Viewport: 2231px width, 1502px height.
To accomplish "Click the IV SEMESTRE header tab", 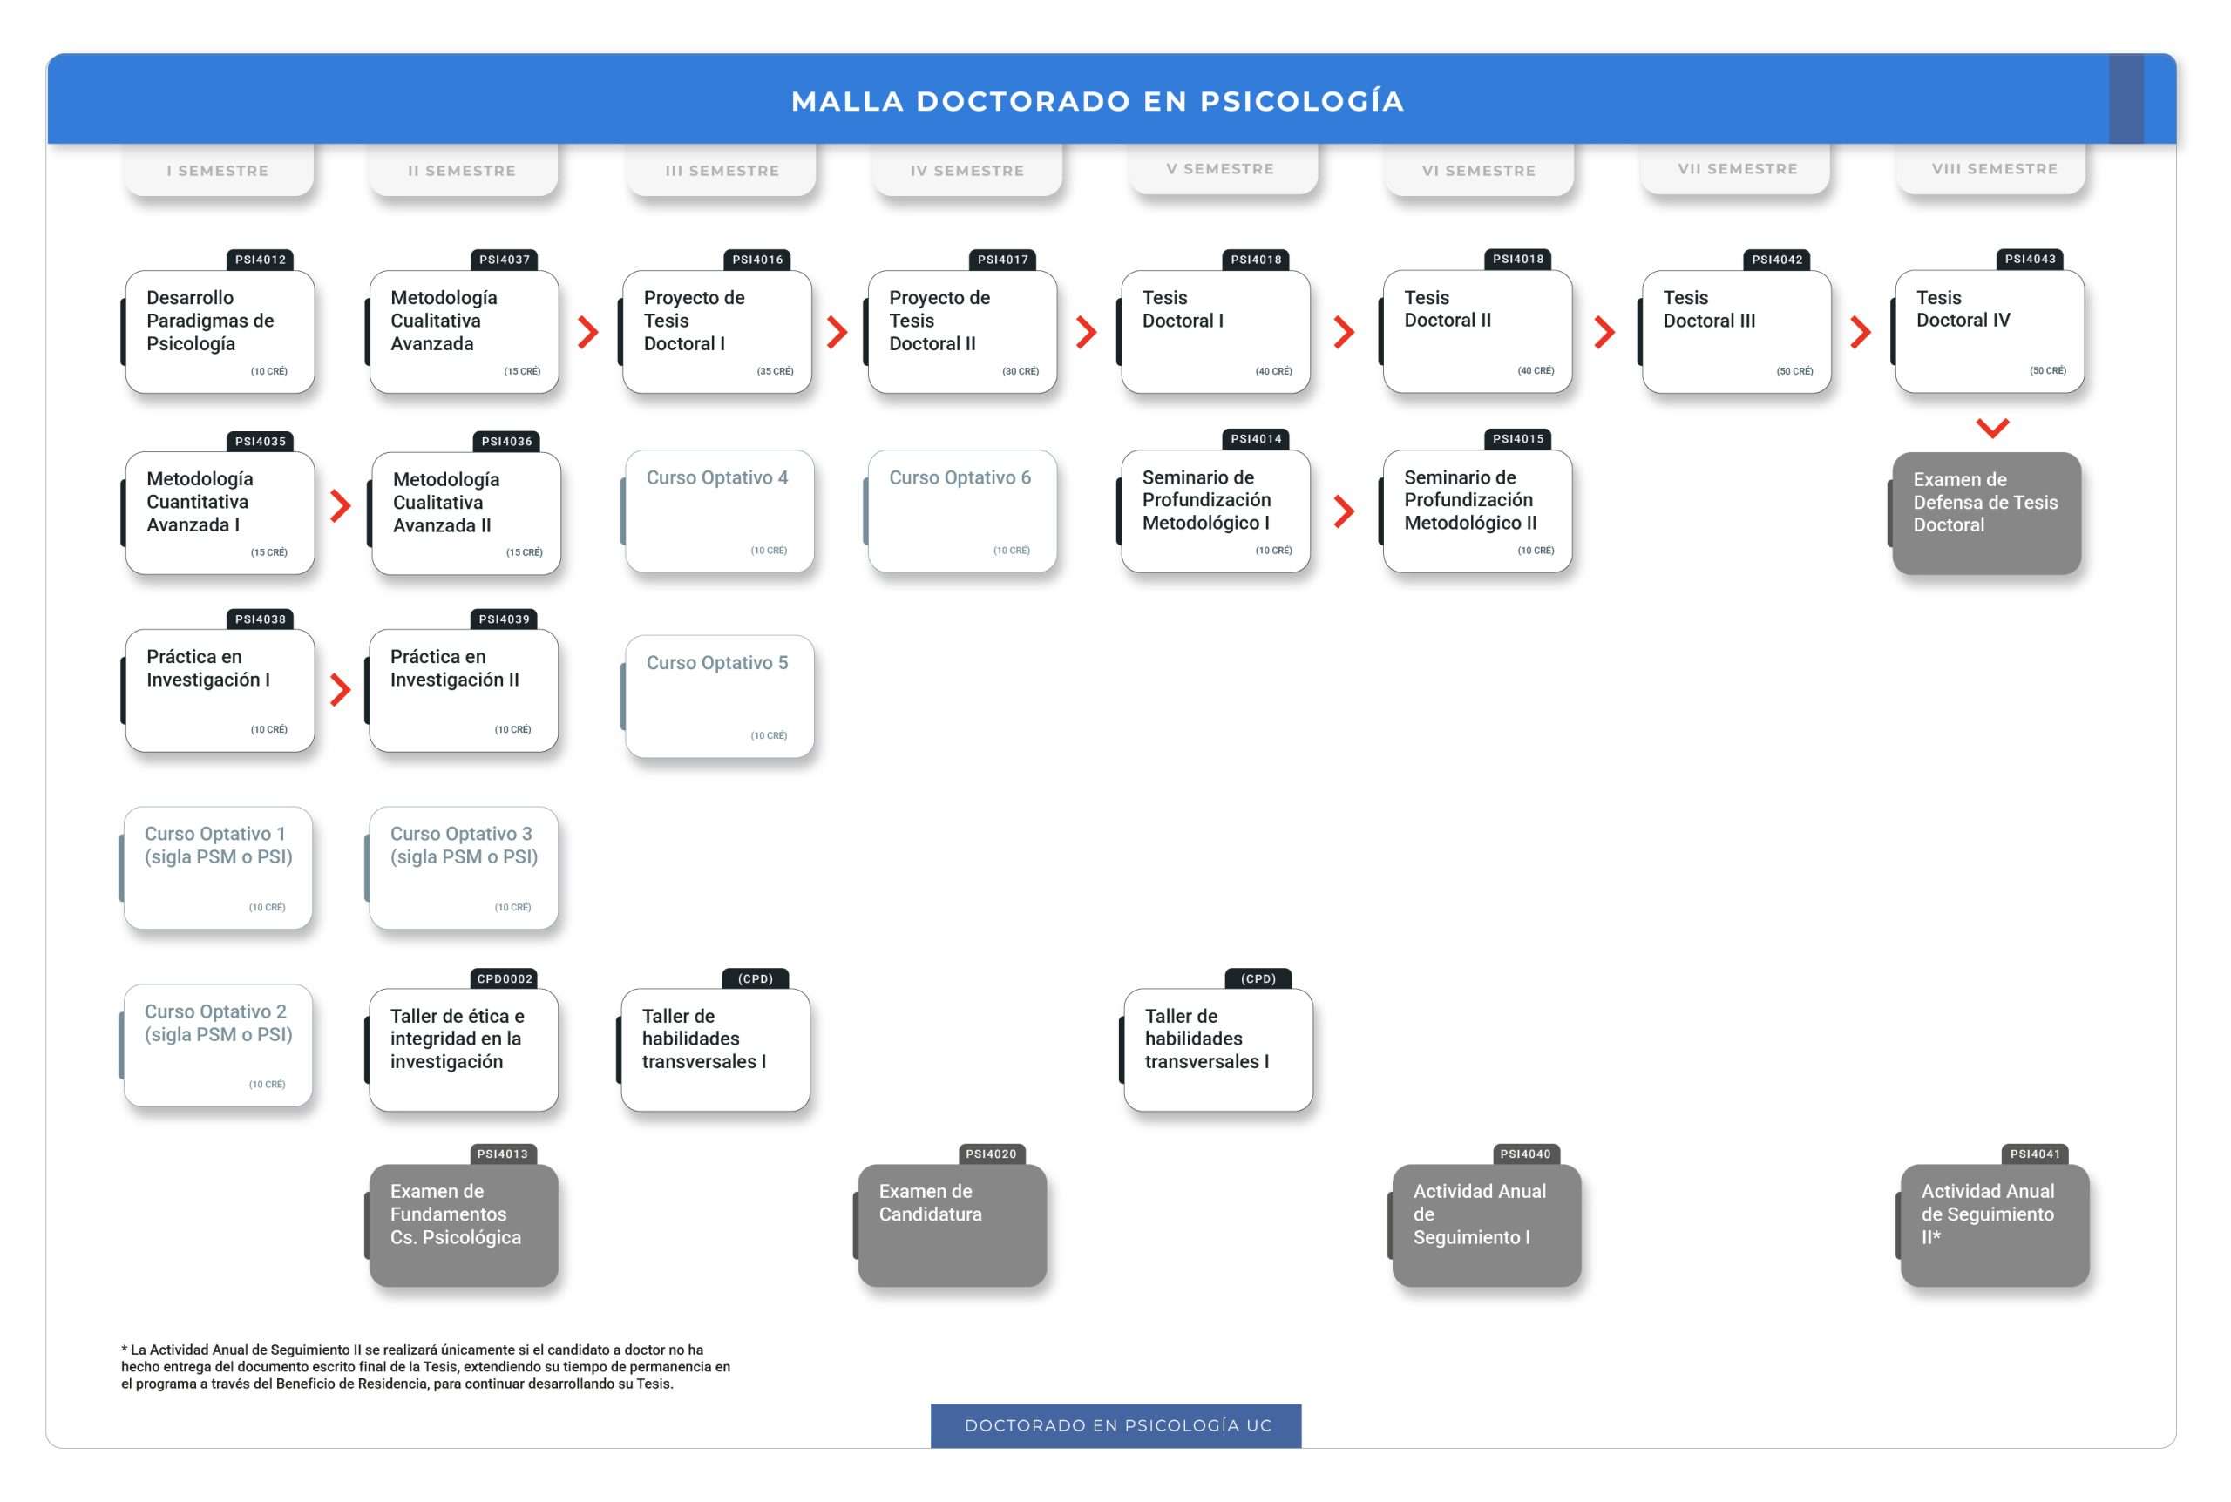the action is pyautogui.click(x=966, y=171).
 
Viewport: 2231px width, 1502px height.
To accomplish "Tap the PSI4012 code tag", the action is pyautogui.click(x=261, y=260).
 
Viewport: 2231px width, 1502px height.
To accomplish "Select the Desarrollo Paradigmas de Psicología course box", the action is pyautogui.click(x=220, y=331).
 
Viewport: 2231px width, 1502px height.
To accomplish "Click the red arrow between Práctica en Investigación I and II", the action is pyautogui.click(x=340, y=689).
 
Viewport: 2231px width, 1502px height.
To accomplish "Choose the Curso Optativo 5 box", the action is pyautogui.click(x=718, y=696).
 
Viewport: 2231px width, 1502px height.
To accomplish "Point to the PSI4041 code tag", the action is pyautogui.click(x=2035, y=1154).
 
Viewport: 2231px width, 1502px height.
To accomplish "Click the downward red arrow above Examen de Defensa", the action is pyautogui.click(x=1991, y=427).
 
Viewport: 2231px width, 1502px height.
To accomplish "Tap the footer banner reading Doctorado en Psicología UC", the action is pyautogui.click(x=1116, y=1425).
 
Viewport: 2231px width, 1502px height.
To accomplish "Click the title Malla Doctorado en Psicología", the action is pyautogui.click(x=1098, y=100).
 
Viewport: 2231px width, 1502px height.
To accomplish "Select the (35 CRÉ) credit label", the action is pyautogui.click(x=775, y=372).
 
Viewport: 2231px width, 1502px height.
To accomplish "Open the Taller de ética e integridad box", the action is pyautogui.click(x=463, y=1050).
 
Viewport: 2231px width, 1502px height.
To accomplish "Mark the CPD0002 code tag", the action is pyautogui.click(x=505, y=979).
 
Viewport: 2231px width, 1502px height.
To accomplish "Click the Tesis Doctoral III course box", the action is pyautogui.click(x=1735, y=331).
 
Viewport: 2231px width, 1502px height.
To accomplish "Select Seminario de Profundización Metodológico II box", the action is pyautogui.click(x=1476, y=511).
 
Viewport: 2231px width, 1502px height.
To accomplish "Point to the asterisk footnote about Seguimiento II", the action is pyautogui.click(x=425, y=1367).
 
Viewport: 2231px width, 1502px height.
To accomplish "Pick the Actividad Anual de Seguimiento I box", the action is pyautogui.click(x=1485, y=1225).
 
